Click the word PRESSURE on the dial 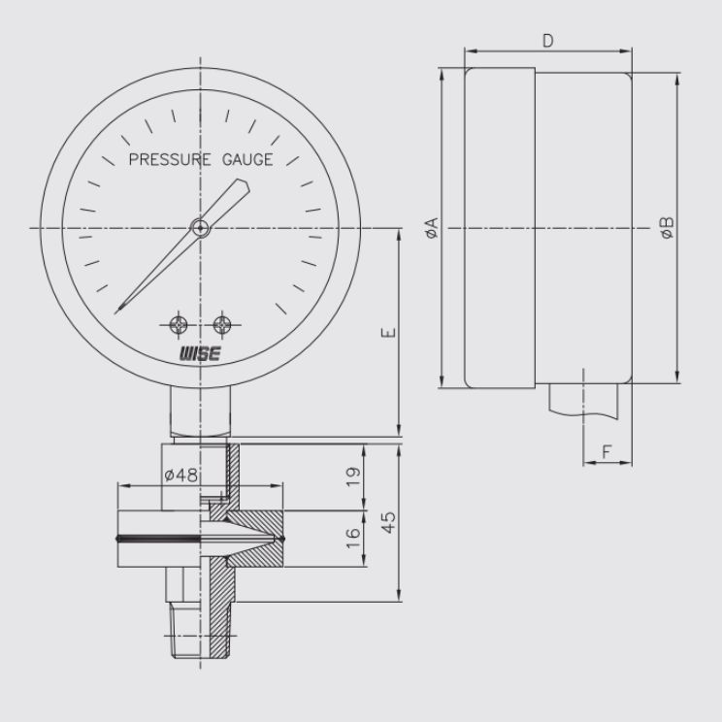[x=170, y=159]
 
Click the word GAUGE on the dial [x=247, y=159]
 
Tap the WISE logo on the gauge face [x=200, y=353]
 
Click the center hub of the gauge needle [x=200, y=227]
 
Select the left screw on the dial [x=179, y=325]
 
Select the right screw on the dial [x=222, y=325]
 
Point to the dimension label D [x=548, y=41]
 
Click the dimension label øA [x=432, y=228]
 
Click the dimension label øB [x=667, y=228]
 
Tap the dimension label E [x=389, y=333]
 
